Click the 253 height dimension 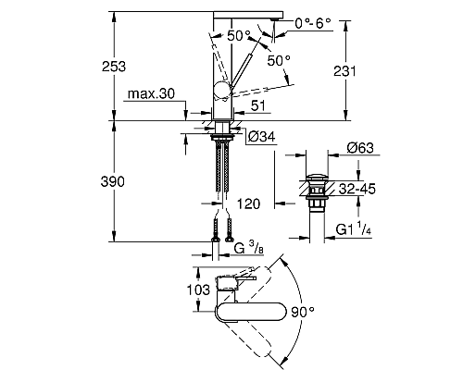tap(114, 67)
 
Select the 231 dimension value tap(344, 71)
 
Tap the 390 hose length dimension tap(113, 181)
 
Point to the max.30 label tap(151, 93)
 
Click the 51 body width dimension tap(258, 105)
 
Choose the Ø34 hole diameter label tap(261, 137)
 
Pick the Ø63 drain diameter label tap(360, 148)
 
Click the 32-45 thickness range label tap(357, 189)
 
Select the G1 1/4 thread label tap(354, 229)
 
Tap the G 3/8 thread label tap(249, 248)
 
